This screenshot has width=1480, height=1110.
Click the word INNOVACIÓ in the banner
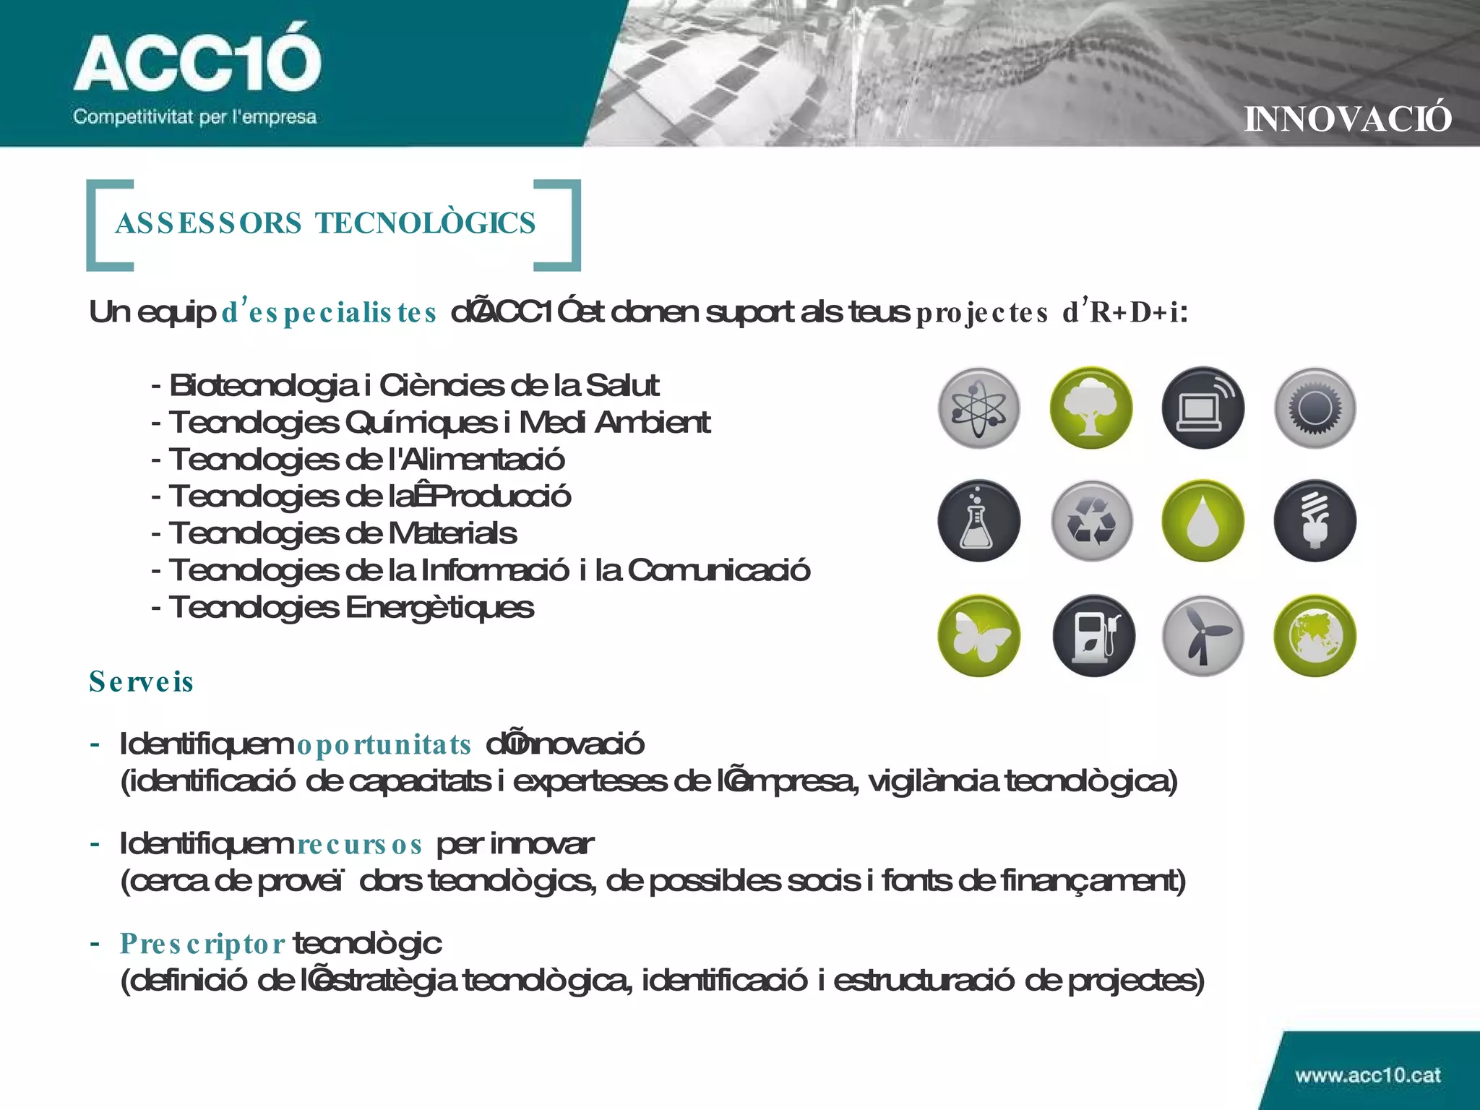point(1347,119)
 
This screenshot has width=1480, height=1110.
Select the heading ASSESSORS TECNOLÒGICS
point(326,223)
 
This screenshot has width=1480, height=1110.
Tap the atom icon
point(978,408)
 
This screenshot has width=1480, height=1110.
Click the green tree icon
point(1090,408)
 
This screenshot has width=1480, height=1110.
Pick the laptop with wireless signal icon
point(1202,408)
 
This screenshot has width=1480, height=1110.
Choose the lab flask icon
point(978,521)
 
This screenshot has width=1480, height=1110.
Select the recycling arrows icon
point(1090,521)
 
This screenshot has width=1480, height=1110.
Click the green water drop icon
point(1202,521)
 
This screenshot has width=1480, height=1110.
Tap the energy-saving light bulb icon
point(1315,521)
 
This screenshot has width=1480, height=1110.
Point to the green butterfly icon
point(978,636)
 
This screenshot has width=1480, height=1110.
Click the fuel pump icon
point(1093,636)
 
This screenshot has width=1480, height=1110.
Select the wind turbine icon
point(1202,636)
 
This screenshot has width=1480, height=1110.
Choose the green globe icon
point(1315,636)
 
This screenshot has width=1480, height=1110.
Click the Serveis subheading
point(141,682)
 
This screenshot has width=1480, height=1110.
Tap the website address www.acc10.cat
point(1367,1075)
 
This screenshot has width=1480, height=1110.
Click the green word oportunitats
point(384,745)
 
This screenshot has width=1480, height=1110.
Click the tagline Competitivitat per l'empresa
point(194,117)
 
